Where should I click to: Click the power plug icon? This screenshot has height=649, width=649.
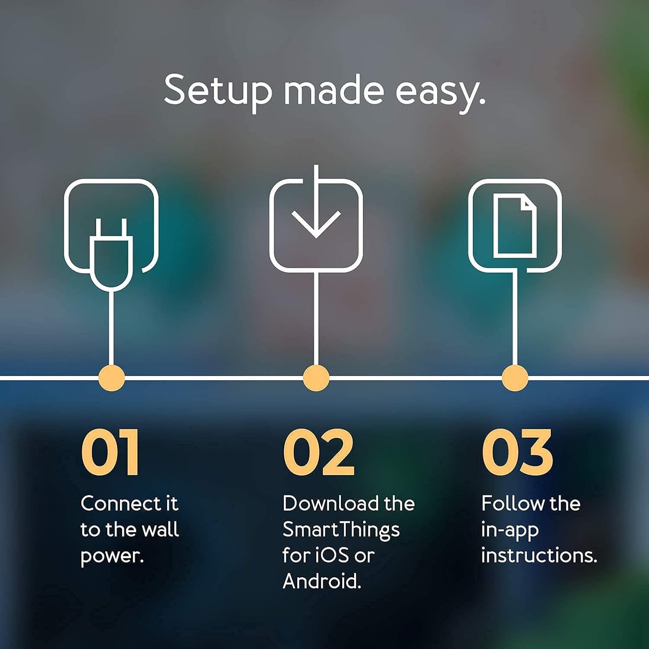111,254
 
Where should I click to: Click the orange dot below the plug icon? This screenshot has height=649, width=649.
111,378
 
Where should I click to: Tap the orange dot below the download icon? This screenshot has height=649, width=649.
316,378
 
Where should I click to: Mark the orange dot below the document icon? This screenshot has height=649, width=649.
515,378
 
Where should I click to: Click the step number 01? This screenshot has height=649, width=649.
110,452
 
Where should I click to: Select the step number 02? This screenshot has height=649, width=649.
319,452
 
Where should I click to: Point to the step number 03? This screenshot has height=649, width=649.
517,452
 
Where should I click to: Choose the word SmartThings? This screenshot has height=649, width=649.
341,530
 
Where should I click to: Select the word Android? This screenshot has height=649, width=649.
322,582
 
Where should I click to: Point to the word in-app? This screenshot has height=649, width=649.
510,530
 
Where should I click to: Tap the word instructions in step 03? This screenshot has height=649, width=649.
539,556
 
